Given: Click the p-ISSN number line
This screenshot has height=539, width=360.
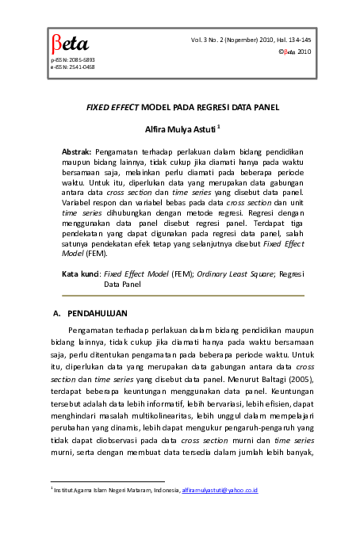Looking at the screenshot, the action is tap(72, 60).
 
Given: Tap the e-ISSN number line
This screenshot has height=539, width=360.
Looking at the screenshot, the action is tap(72, 67).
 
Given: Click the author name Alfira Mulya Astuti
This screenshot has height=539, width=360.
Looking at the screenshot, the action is tap(180, 128).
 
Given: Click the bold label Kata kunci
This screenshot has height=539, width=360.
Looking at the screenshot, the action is tap(81, 273).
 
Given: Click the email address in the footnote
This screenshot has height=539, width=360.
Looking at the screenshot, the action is tap(220, 491).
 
